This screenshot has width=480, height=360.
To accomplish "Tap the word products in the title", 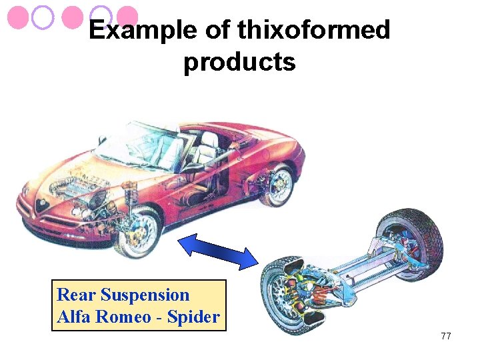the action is (239, 62).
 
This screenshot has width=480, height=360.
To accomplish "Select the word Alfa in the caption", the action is (75, 317).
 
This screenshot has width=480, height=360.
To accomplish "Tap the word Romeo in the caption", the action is (123, 317).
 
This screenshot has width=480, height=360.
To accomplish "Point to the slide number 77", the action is (446, 336).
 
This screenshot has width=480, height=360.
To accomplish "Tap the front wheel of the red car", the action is (138, 232).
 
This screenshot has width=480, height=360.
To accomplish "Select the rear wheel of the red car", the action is (277, 184).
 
